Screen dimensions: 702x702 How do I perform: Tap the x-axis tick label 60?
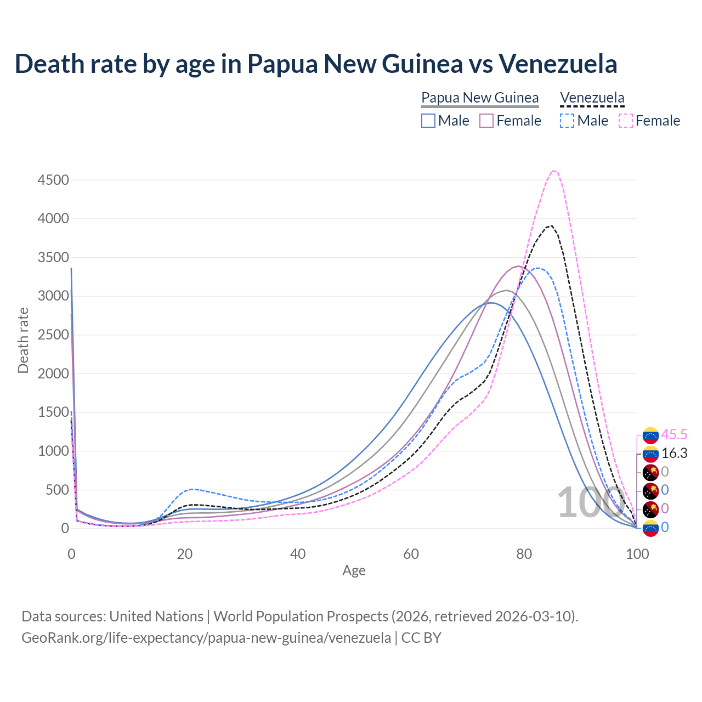click(411, 554)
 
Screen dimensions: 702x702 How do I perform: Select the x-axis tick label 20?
click(184, 554)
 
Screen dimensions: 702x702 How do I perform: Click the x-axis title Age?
click(354, 571)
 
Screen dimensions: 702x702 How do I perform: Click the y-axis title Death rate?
click(23, 341)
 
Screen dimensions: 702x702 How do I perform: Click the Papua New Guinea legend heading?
click(480, 98)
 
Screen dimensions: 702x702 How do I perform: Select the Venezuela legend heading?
click(592, 98)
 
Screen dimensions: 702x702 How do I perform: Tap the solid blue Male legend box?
click(428, 121)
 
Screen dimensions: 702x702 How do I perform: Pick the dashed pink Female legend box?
click(625, 121)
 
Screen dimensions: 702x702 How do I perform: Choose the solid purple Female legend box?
click(486, 121)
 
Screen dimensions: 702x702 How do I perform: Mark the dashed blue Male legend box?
click(567, 121)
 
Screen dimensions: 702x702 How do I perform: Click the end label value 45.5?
click(674, 435)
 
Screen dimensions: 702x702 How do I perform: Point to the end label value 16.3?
click(674, 454)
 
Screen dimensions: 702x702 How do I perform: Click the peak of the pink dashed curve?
click(554, 171)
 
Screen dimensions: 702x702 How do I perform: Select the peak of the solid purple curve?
click(518, 266)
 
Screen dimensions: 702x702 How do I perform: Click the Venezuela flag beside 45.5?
click(650, 435)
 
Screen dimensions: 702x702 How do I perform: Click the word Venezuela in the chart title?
click(558, 64)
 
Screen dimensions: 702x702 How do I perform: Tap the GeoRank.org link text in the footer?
click(206, 638)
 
